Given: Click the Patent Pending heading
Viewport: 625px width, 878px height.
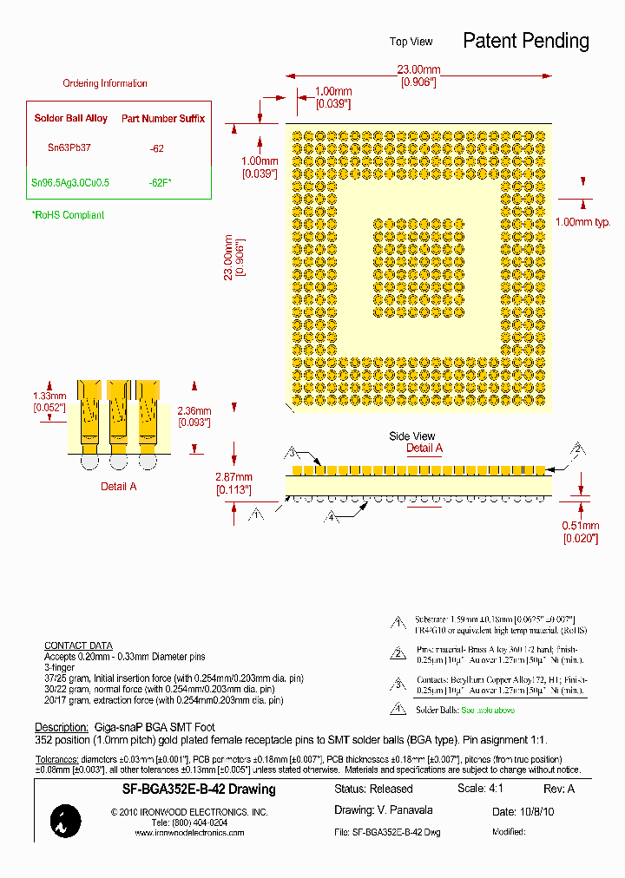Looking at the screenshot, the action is [x=525, y=41].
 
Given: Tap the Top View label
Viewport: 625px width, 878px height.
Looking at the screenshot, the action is [x=411, y=42].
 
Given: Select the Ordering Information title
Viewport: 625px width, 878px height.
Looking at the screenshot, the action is [x=105, y=83].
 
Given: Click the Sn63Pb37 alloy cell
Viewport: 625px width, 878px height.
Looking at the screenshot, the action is [x=69, y=148].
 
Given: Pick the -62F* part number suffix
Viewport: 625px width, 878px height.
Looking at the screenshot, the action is [x=160, y=183].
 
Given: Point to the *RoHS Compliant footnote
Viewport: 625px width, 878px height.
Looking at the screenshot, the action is [x=68, y=215].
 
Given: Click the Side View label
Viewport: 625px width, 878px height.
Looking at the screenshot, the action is [x=412, y=436].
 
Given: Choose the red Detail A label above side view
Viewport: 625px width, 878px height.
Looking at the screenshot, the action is [x=424, y=449].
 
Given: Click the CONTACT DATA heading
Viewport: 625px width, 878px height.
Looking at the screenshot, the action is [x=78, y=645].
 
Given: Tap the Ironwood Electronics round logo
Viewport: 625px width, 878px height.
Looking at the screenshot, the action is [x=66, y=821].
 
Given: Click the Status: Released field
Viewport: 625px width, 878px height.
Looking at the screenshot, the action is [x=373, y=790].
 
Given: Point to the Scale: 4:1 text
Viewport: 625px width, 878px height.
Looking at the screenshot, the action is [x=480, y=789].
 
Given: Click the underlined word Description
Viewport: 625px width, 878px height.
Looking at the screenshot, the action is [x=61, y=727].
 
